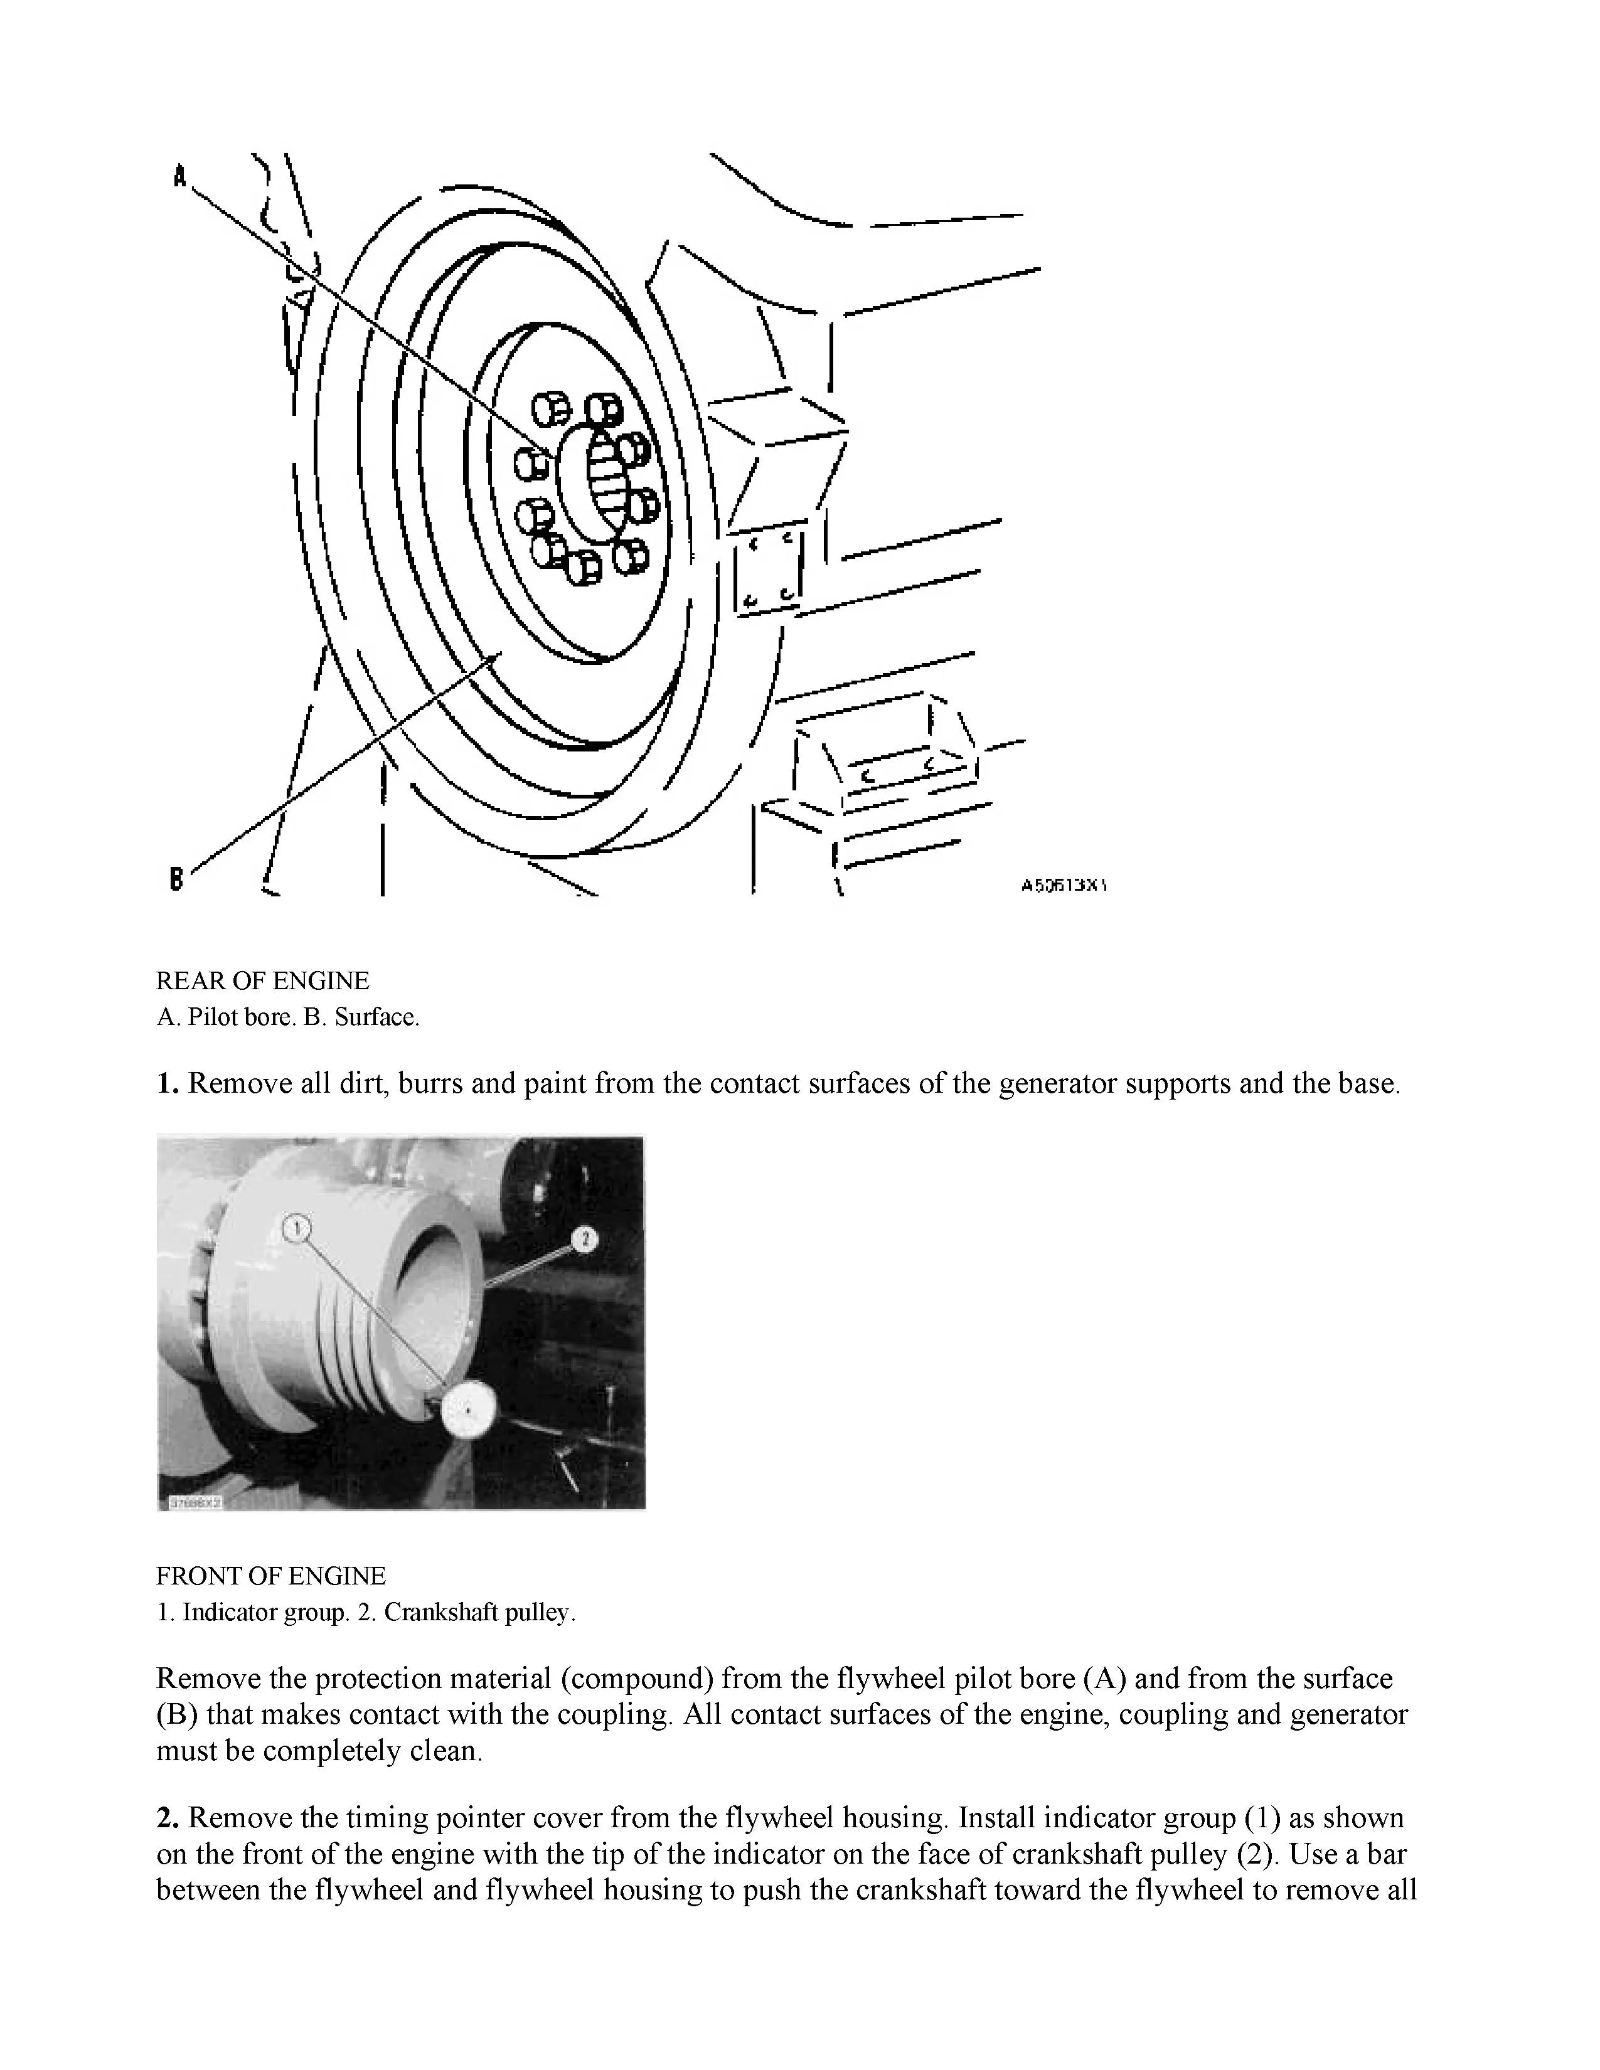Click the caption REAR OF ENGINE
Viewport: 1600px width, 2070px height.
pos(262,981)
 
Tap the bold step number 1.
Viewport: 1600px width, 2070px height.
pos(168,1083)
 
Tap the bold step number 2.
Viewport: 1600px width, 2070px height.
pos(168,1818)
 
